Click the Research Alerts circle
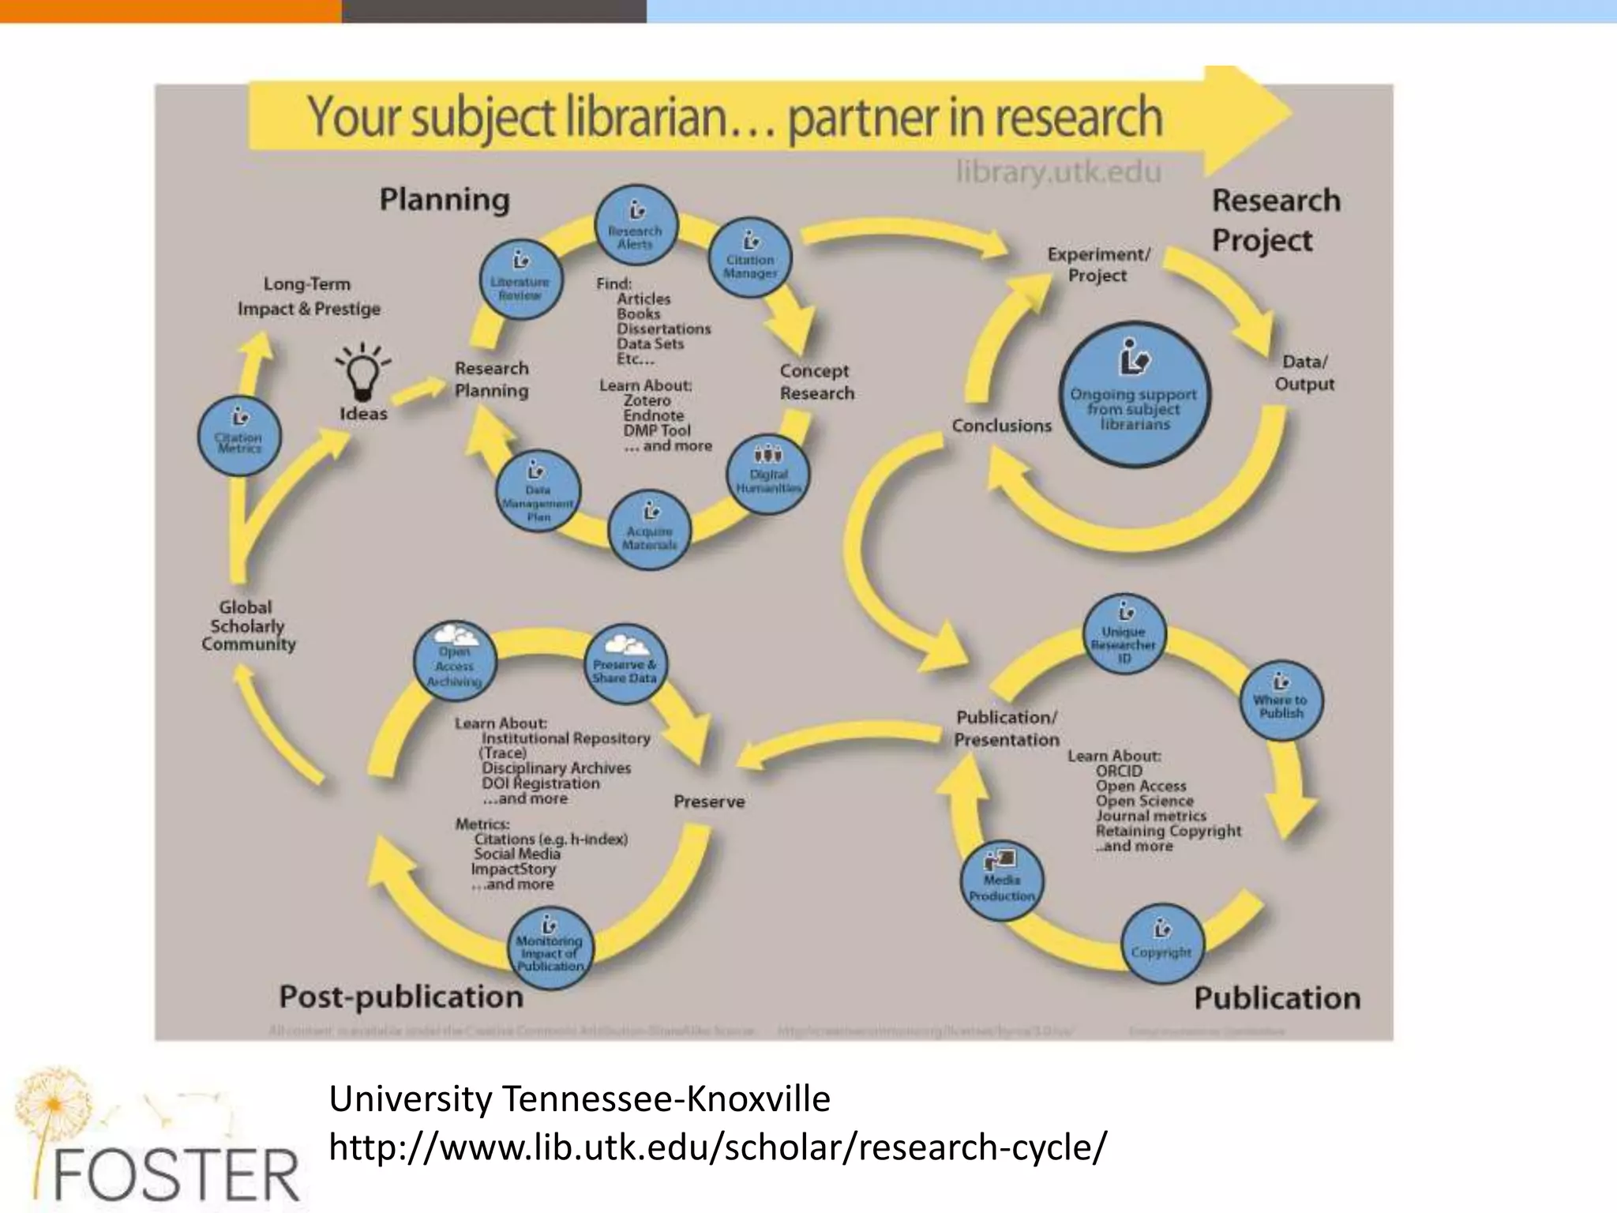(x=636, y=226)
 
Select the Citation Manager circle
(x=750, y=257)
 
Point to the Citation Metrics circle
(x=239, y=435)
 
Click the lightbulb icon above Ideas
(x=363, y=370)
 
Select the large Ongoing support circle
(x=1135, y=394)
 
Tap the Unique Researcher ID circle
(x=1124, y=633)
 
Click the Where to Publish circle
(x=1280, y=700)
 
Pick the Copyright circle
(x=1161, y=944)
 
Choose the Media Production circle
(x=1001, y=881)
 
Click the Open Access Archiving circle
(x=455, y=661)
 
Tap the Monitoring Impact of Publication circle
(x=550, y=948)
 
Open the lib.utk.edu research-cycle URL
(x=718, y=1147)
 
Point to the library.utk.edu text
(x=1058, y=171)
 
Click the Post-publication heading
(x=401, y=997)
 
